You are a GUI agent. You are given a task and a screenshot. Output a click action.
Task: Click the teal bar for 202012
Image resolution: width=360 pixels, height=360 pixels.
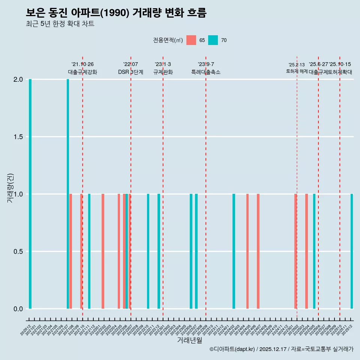click(30, 194)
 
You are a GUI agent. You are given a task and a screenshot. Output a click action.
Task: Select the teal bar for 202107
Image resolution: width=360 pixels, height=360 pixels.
click(68, 194)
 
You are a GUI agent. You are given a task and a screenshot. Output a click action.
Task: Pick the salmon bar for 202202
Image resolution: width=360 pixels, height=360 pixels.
click(103, 251)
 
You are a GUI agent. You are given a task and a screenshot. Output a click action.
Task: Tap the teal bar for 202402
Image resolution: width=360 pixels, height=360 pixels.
click(234, 251)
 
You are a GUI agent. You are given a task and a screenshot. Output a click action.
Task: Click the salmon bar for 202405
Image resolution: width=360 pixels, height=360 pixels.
click(247, 251)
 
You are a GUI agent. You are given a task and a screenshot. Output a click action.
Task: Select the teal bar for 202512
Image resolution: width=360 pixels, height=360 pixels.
click(352, 251)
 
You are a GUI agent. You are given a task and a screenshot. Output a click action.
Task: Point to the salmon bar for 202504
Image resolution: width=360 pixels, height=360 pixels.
click(306, 251)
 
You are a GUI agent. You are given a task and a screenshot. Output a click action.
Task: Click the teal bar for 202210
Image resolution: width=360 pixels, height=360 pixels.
click(148, 251)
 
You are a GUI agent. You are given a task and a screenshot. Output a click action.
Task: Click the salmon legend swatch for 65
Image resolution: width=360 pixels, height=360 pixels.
click(191, 40)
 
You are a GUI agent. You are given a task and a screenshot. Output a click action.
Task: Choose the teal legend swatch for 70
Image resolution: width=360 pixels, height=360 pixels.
click(213, 40)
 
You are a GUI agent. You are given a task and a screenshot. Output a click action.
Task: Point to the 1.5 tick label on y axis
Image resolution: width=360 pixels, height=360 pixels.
click(18, 137)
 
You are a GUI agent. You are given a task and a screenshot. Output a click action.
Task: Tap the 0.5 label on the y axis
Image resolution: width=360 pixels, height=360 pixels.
click(18, 251)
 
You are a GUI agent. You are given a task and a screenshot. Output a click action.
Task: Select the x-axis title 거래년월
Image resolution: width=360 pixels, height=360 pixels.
click(190, 340)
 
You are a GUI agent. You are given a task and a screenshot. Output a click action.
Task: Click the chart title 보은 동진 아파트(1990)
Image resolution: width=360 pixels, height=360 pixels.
click(116, 13)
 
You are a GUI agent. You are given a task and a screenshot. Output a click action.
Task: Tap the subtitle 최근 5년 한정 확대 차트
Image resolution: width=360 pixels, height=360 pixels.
click(60, 24)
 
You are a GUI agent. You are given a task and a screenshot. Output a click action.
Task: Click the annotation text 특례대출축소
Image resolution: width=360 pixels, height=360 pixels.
click(206, 72)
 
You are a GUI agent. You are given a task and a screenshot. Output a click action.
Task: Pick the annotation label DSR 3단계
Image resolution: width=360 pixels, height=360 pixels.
click(130, 72)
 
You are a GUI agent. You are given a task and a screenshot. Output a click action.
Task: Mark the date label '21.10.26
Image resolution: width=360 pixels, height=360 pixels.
click(82, 64)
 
